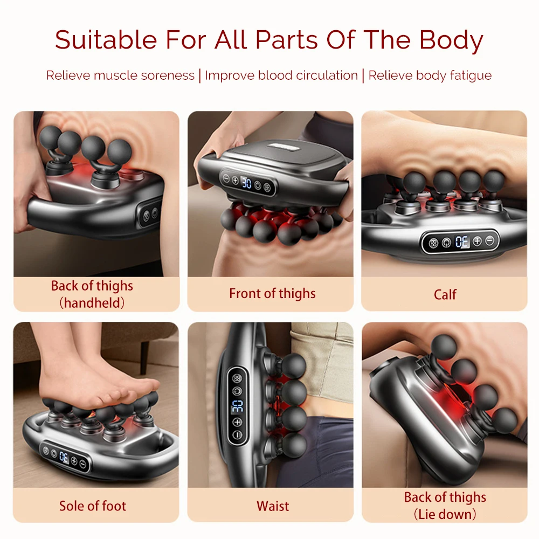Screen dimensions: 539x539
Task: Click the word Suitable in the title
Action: [x=106, y=40]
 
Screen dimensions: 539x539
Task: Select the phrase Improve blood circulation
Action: [x=281, y=75]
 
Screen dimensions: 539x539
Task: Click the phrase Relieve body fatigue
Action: [x=430, y=75]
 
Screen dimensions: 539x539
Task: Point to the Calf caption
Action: [x=445, y=295]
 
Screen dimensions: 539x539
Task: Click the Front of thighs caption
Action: [x=272, y=294]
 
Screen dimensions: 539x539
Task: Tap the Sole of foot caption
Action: [x=93, y=506]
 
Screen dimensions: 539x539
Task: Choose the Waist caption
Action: [x=273, y=506]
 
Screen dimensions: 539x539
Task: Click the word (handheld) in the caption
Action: [x=92, y=303]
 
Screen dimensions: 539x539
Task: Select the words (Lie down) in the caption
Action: [x=445, y=514]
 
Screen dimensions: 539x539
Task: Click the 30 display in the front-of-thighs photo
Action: [x=246, y=183]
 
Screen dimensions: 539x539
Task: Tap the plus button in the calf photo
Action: [x=477, y=241]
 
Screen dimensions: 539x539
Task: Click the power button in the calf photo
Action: [x=446, y=243]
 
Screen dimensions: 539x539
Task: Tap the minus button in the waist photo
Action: [x=237, y=435]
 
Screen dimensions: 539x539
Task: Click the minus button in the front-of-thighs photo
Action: [x=226, y=178]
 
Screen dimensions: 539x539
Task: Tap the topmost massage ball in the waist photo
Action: [x=294, y=365]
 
